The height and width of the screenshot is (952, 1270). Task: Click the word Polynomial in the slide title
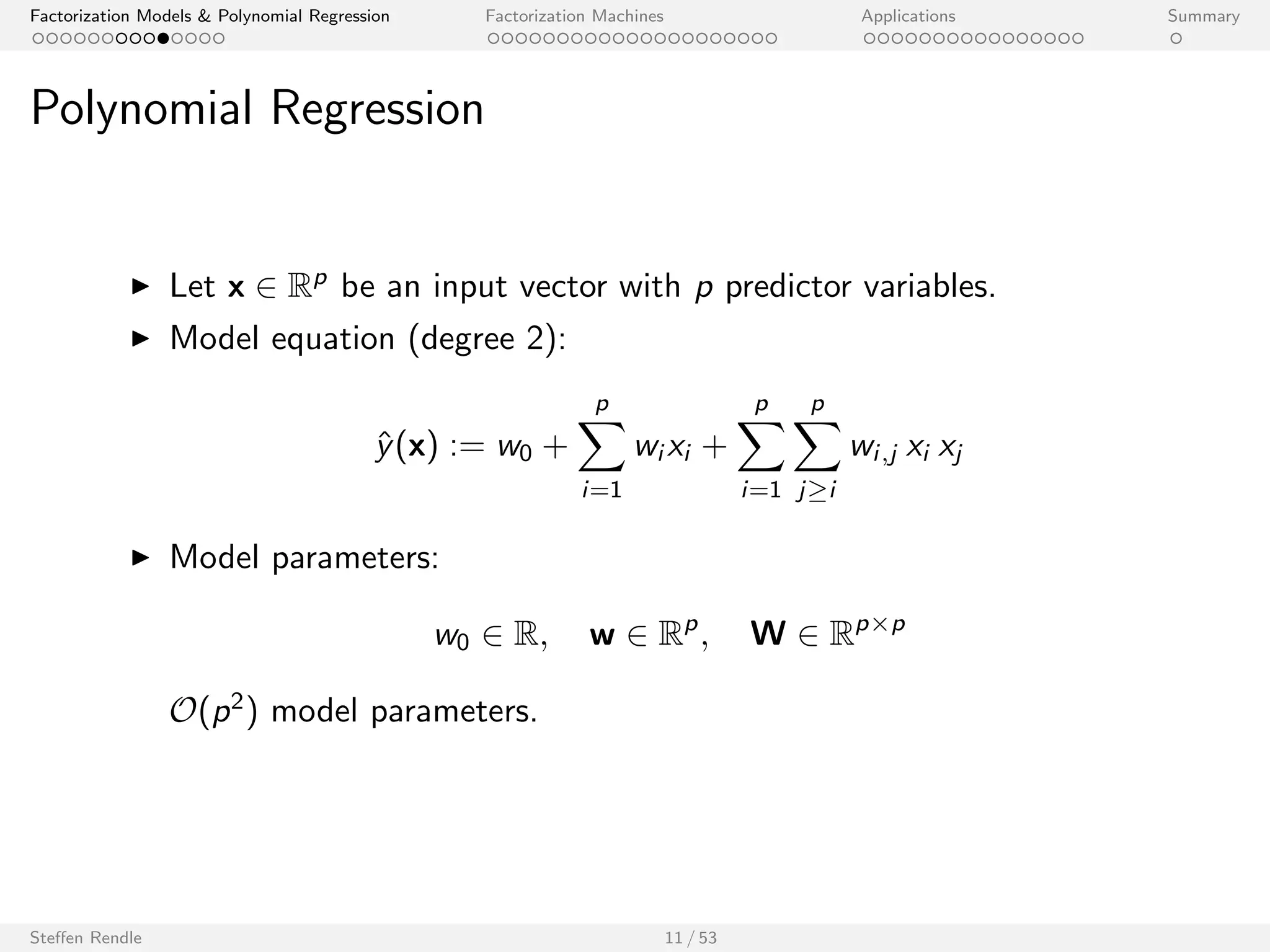(141, 109)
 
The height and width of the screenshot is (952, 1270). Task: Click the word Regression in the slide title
(376, 109)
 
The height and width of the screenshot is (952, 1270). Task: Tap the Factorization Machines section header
(574, 16)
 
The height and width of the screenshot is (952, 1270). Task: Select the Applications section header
(908, 16)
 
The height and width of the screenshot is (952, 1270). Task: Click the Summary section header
(1203, 16)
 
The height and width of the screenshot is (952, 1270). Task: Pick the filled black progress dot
(163, 38)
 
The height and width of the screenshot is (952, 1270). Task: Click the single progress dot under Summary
(1176, 38)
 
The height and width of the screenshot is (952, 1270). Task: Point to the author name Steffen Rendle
(86, 938)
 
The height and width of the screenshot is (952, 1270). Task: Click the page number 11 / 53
(690, 938)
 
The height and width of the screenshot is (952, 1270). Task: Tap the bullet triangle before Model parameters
(141, 558)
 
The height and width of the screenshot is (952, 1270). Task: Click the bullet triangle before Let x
(141, 286)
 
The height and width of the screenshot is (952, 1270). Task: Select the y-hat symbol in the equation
(384, 446)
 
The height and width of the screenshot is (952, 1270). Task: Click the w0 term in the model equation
(514, 447)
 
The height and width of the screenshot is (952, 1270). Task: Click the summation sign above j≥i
(817, 446)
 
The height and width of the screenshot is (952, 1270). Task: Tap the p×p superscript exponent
(880, 625)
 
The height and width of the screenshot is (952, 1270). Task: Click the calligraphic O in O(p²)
(183, 711)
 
